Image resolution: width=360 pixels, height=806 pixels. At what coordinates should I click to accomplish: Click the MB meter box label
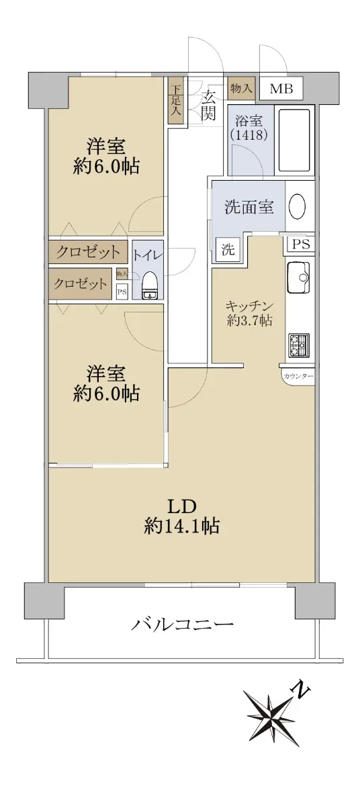pos(281,89)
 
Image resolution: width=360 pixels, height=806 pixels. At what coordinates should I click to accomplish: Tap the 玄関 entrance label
pos(208,105)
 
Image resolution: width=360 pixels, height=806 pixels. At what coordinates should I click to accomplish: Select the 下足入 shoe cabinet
pos(176,100)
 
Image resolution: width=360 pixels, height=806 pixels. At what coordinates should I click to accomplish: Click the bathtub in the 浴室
pos(295,140)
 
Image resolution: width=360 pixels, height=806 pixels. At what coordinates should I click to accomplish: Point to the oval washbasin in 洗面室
pos(298,207)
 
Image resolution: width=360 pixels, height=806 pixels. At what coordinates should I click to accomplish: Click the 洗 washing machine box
pos(228,249)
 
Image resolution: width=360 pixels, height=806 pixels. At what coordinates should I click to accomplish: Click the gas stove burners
pos(298,345)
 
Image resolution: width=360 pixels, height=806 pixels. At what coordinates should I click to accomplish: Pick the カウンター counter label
pos(298,376)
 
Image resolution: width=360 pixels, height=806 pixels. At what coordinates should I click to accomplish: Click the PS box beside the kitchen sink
pos(301,244)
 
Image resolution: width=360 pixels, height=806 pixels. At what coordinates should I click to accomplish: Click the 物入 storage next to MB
pos(241,88)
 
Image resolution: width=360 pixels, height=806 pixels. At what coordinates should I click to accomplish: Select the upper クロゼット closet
pos(88,251)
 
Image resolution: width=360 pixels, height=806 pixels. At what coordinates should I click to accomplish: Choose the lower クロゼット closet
pos(80,284)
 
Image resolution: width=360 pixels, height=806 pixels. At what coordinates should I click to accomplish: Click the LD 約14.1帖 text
pos(182,517)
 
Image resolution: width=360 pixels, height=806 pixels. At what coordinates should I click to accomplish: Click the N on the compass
pos(302,689)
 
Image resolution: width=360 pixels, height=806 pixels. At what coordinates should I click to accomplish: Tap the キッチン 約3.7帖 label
pos(249,313)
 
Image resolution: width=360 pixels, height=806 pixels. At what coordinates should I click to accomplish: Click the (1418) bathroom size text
pos(249,134)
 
